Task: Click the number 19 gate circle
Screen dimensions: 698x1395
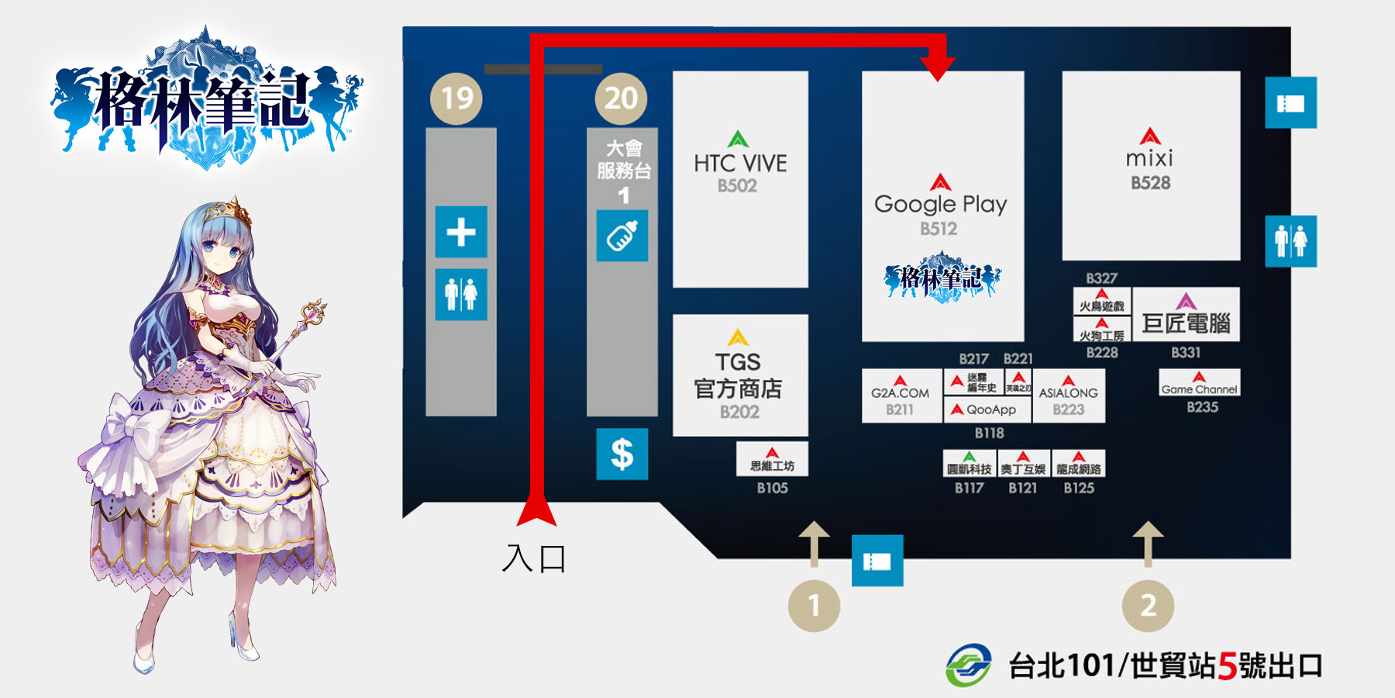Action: click(x=456, y=98)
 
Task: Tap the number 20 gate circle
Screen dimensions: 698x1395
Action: click(x=621, y=98)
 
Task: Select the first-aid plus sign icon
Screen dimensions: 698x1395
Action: click(x=461, y=232)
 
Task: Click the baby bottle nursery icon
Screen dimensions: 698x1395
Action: click(x=622, y=236)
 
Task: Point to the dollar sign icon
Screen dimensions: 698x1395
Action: click(x=622, y=454)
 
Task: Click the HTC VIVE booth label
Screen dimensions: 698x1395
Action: click(x=740, y=164)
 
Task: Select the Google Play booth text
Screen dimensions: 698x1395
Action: click(x=940, y=204)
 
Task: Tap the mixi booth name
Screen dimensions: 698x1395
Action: click(x=1149, y=159)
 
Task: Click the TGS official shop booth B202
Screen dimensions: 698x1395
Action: click(x=739, y=376)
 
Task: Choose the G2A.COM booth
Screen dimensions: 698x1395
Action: click(x=900, y=395)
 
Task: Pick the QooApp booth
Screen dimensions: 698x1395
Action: click(x=987, y=409)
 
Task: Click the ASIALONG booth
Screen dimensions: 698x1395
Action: click(x=1068, y=394)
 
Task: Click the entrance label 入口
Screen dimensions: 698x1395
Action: click(x=534, y=558)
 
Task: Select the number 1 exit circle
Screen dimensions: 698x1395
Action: click(x=814, y=606)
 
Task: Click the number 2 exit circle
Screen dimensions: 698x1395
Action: click(x=1148, y=606)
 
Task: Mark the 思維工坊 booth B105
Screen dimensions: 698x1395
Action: click(x=772, y=460)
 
